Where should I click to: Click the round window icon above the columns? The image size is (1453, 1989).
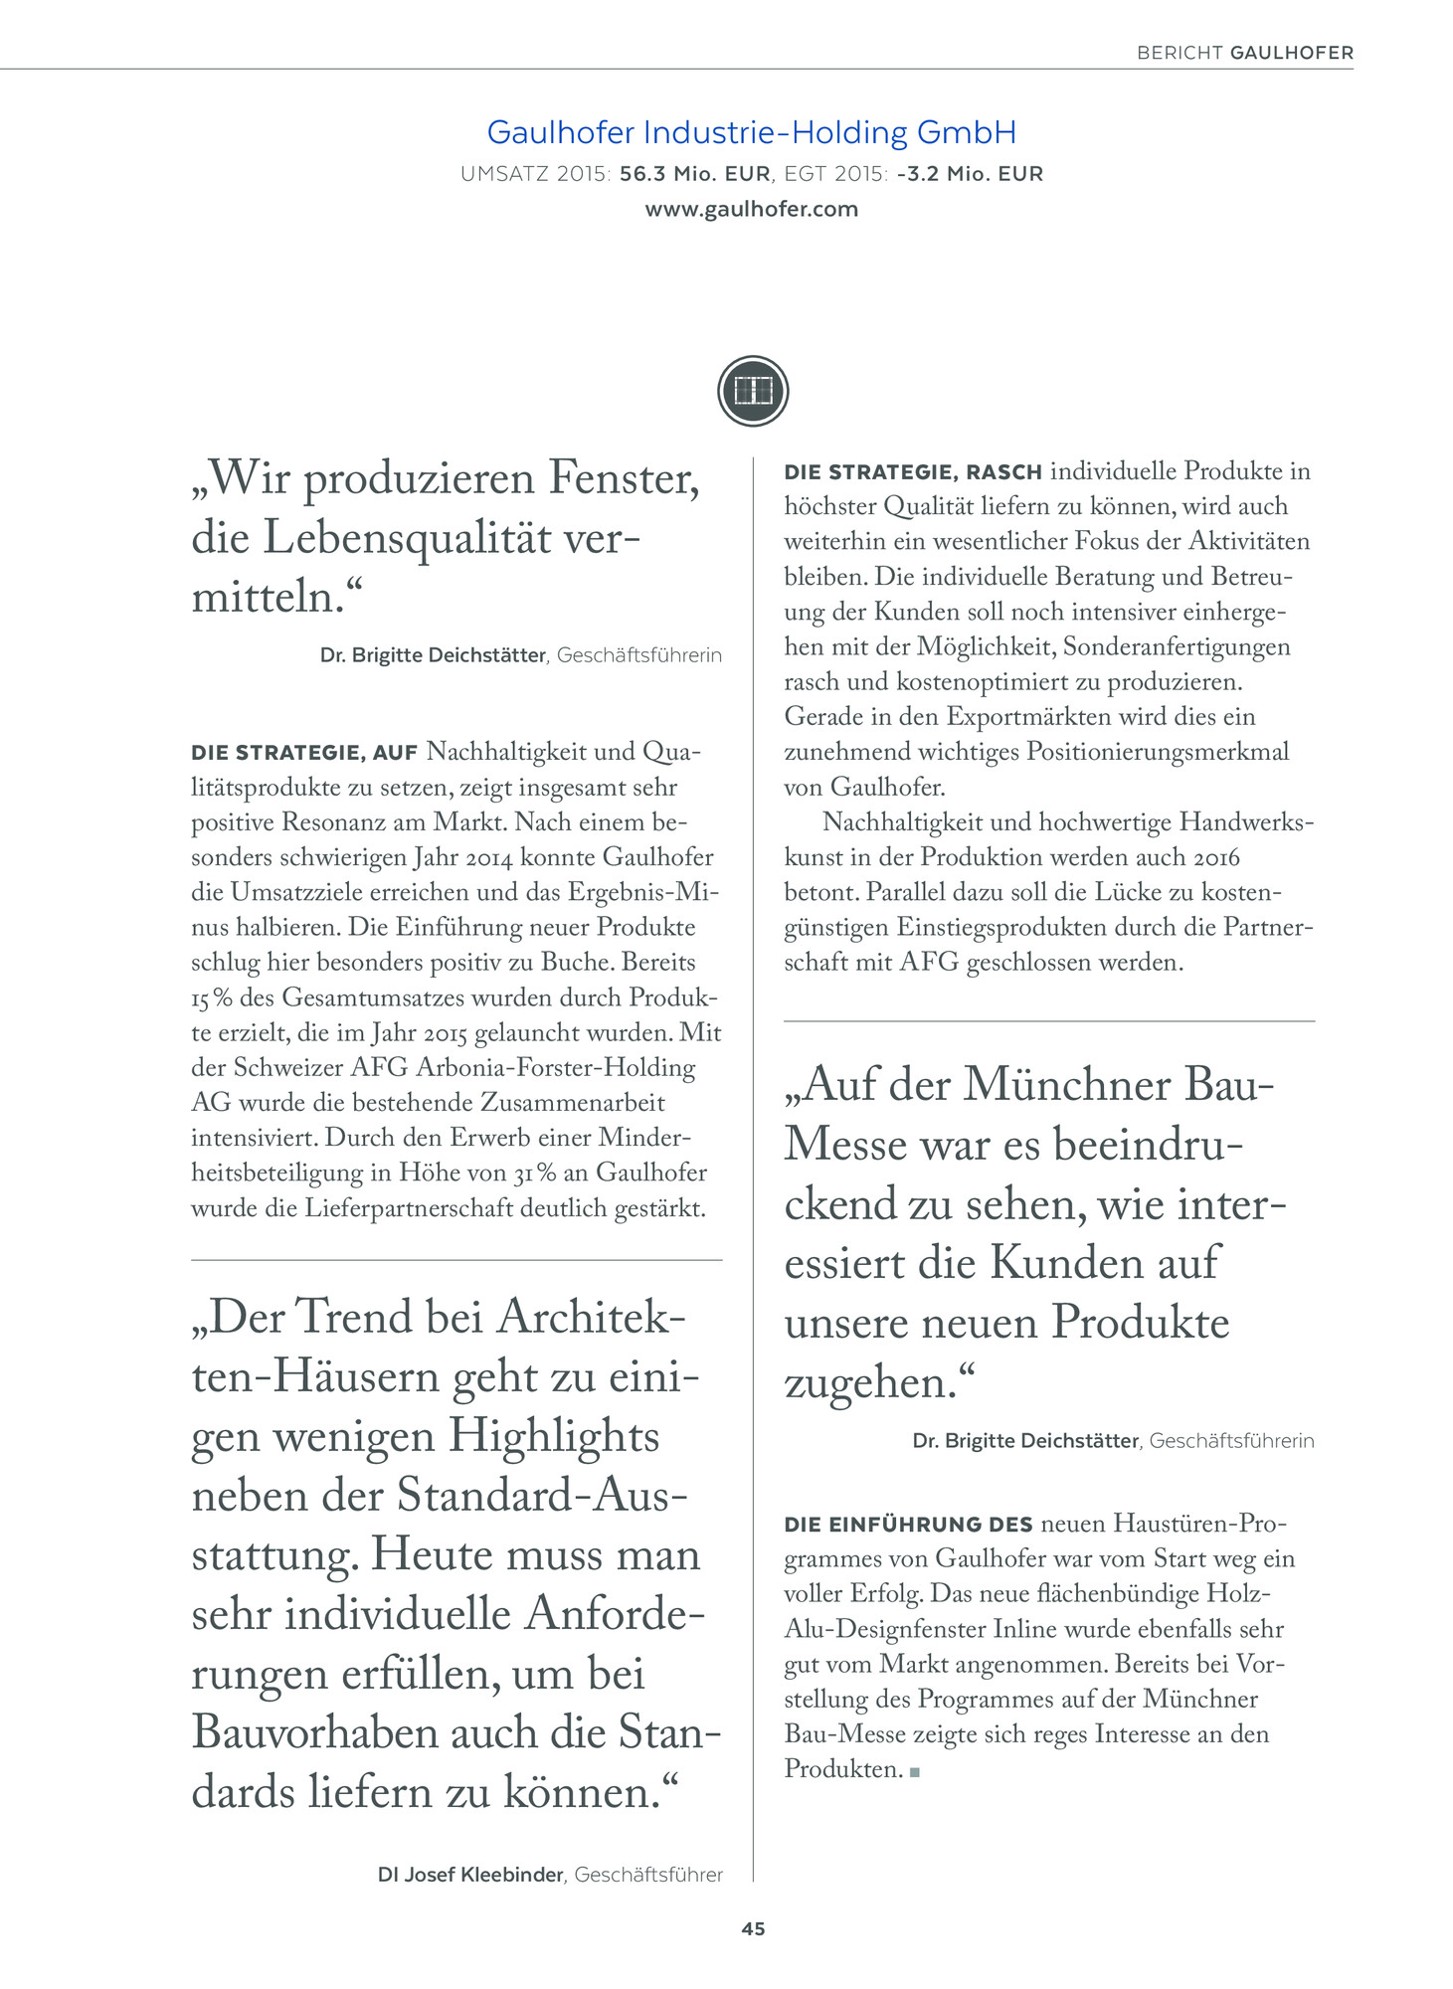coord(753,391)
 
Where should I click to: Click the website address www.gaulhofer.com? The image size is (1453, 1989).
coord(751,210)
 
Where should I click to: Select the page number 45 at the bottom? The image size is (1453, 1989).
coord(753,1928)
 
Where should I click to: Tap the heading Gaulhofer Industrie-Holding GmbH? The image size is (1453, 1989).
coord(751,132)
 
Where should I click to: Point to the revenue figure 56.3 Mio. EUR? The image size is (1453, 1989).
coord(694,174)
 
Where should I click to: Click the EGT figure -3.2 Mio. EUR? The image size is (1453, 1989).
coord(969,174)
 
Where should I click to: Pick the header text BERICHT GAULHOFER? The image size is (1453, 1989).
coord(1244,53)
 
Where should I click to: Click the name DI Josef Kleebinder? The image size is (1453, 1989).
coord(471,1875)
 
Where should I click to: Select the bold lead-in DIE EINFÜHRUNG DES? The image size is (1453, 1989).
coord(909,1525)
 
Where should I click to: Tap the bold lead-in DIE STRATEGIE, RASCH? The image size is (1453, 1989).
coord(913,472)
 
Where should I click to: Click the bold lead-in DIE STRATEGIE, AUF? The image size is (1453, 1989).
coord(304,753)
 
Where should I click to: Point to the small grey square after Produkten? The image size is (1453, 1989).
coord(914,1772)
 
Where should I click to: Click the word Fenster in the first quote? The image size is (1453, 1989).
coord(624,479)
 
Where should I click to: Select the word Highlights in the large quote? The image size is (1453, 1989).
coord(554,1436)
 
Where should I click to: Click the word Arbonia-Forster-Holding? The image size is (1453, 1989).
coord(555,1068)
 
